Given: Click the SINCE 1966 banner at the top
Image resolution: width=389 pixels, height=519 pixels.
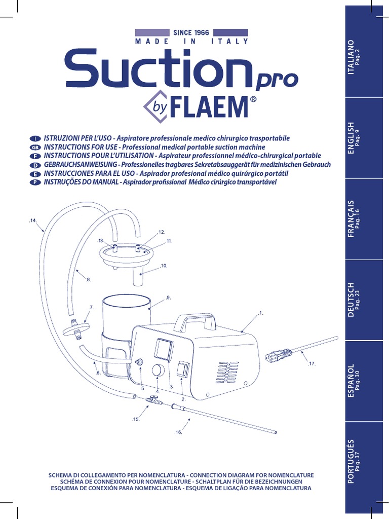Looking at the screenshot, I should click(x=191, y=32).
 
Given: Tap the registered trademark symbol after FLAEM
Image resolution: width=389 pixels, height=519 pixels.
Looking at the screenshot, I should click(x=253, y=99).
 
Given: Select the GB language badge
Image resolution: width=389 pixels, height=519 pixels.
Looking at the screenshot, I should click(x=34, y=147).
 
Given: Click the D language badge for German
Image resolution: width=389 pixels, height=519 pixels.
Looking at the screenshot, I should click(x=34, y=165).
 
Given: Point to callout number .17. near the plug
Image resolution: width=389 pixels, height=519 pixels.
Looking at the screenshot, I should click(x=312, y=364).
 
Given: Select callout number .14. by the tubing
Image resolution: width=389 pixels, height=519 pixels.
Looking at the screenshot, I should click(x=33, y=220).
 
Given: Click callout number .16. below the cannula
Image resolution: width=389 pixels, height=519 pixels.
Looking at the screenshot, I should click(x=178, y=432).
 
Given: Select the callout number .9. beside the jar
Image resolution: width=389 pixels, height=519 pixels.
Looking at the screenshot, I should click(x=168, y=298).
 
